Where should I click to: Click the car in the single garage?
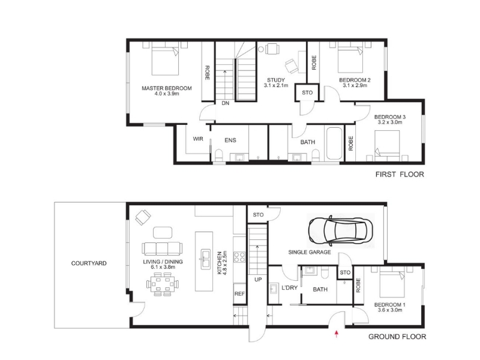(340, 230)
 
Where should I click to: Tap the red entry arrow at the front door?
(337, 334)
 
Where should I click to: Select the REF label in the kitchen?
(239, 293)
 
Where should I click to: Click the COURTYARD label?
(89, 263)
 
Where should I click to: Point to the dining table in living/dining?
(163, 284)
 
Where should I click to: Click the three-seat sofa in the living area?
(162, 248)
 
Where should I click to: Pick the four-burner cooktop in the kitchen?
(239, 257)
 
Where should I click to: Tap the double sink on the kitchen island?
(205, 259)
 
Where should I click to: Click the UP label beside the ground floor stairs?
(258, 280)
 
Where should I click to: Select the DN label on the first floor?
(226, 103)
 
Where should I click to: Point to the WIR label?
(198, 139)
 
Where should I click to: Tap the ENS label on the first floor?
(230, 140)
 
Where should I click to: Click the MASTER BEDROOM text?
(167, 88)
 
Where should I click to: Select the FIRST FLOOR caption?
(400, 175)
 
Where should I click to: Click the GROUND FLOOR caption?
(397, 337)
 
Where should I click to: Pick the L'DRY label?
(290, 288)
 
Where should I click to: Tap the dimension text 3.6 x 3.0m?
(390, 310)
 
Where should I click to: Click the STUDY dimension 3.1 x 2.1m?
(276, 85)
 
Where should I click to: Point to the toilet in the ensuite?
(219, 155)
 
